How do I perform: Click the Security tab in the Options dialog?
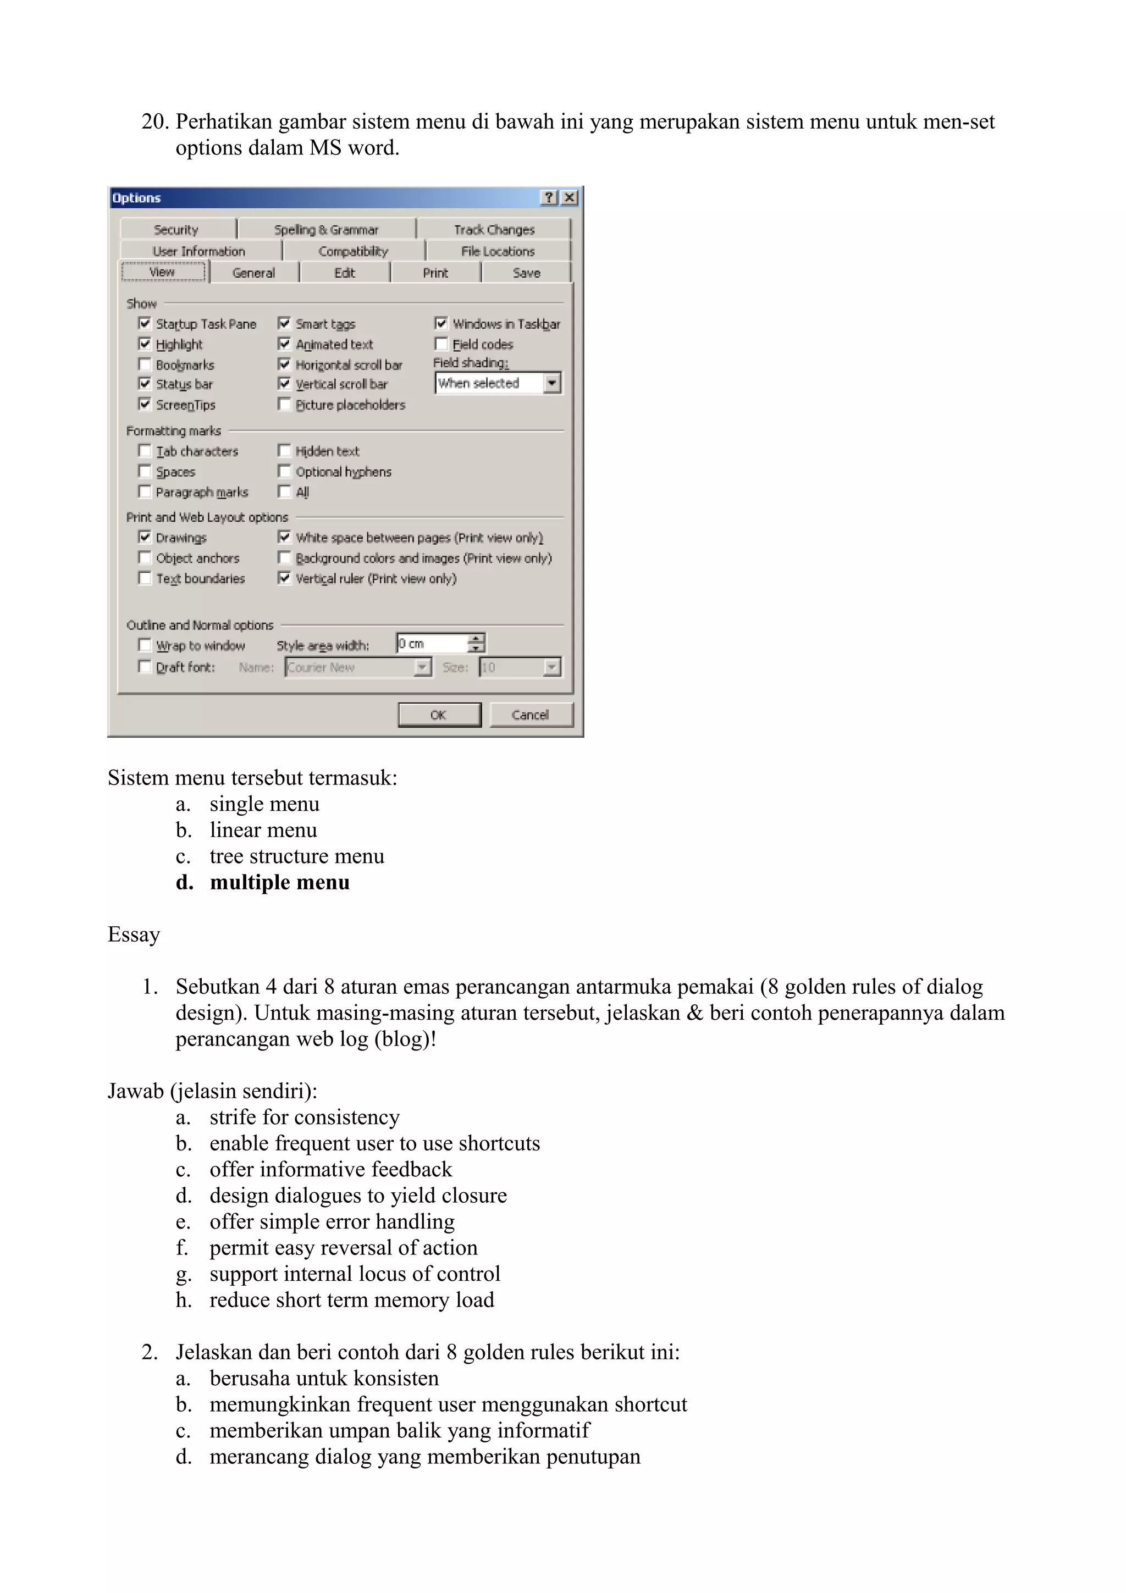coord(176,230)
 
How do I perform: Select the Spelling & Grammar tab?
coord(326,230)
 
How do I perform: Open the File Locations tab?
coord(498,251)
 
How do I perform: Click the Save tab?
coord(526,273)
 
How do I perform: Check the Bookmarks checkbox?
coord(144,364)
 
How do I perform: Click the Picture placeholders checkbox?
coord(284,405)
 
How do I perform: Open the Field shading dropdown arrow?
coord(551,383)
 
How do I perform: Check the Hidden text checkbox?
coord(284,451)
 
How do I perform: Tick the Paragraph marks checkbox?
coord(144,492)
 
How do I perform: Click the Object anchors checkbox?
coord(144,558)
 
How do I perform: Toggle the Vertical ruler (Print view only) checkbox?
coord(284,578)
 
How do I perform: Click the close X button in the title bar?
coord(570,198)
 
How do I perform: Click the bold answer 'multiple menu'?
coord(280,883)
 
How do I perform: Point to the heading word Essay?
coord(134,934)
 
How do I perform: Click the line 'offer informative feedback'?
coord(330,1170)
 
